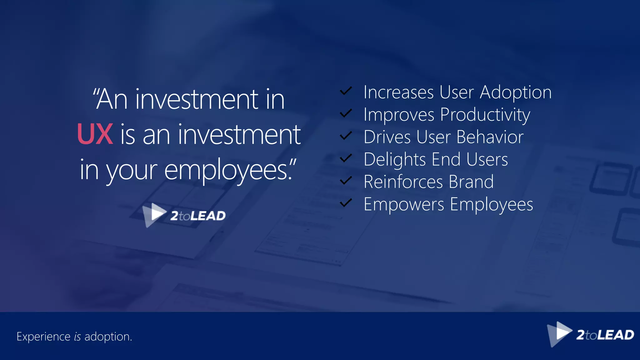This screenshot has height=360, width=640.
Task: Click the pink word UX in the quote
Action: [95, 134]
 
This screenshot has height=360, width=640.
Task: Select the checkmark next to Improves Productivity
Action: [346, 113]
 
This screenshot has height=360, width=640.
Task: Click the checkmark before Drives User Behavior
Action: [346, 136]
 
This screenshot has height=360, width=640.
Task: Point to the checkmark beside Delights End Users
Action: [346, 158]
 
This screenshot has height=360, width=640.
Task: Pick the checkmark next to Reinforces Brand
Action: [346, 181]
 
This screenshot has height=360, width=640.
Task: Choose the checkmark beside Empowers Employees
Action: [346, 203]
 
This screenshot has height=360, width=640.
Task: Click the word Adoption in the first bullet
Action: [516, 93]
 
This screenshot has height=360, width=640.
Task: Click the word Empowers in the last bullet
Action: [404, 205]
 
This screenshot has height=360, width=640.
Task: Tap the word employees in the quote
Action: [228, 171]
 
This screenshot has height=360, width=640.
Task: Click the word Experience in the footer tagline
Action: [43, 337]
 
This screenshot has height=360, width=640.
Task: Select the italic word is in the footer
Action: [77, 337]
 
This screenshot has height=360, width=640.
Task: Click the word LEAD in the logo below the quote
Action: [208, 216]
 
